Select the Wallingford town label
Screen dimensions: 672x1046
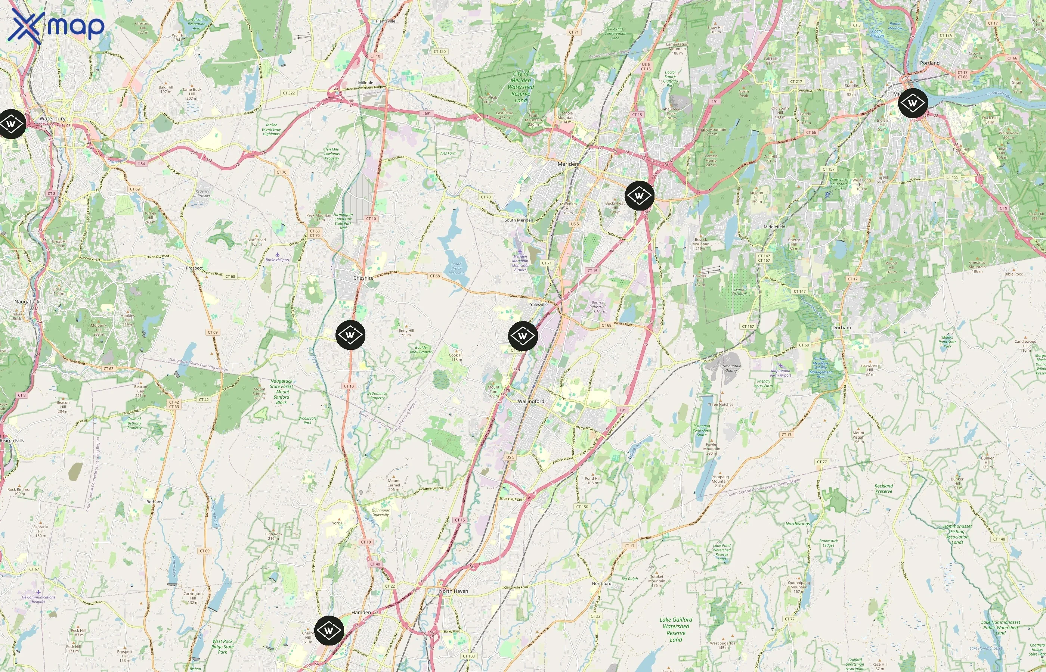(x=531, y=401)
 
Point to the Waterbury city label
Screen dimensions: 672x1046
(x=52, y=119)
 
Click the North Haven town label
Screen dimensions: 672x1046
(x=454, y=591)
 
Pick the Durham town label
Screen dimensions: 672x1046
(x=841, y=328)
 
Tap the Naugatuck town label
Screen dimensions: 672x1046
(x=27, y=302)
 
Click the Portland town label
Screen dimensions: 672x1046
(x=929, y=63)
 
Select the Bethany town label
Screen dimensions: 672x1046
(x=154, y=502)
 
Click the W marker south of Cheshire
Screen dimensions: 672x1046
(x=350, y=335)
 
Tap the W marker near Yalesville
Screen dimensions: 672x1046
(x=523, y=336)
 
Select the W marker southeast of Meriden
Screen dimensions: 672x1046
(x=639, y=196)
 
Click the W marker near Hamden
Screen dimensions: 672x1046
(x=329, y=630)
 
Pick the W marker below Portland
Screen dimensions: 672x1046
(x=912, y=103)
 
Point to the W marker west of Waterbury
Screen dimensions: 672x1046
(x=11, y=124)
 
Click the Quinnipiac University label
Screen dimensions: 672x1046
(x=380, y=512)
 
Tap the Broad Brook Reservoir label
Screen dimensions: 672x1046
(x=456, y=268)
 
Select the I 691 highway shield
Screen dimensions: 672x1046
(x=426, y=113)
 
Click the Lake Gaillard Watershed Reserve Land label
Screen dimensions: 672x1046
(x=676, y=629)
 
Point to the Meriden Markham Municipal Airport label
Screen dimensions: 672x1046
(x=520, y=263)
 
